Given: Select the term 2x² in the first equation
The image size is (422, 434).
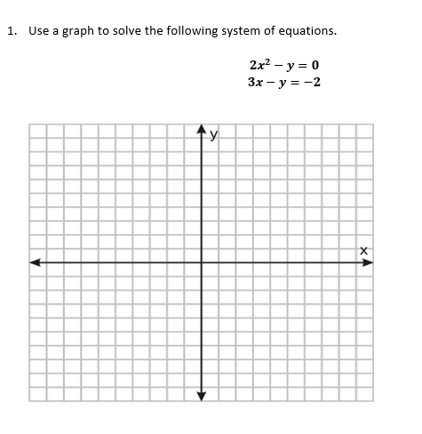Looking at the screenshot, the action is [x=260, y=65].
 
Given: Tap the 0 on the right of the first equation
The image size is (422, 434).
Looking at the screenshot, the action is [x=315, y=66].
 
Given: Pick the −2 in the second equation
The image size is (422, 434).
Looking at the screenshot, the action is [x=312, y=83].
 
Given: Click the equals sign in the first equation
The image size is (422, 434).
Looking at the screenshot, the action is [x=302, y=66].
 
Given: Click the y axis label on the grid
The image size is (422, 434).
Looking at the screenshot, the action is [x=212, y=135].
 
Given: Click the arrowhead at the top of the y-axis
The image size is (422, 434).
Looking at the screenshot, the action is [x=200, y=130].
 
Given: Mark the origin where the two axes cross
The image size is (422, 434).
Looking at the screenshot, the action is [x=200, y=262].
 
